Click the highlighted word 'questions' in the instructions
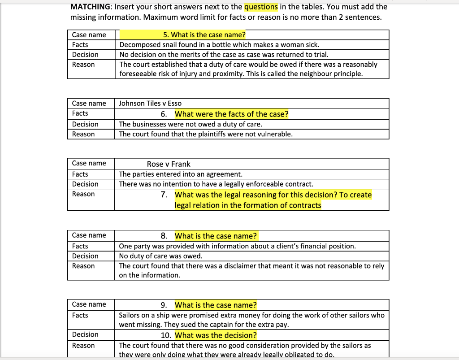[261, 7]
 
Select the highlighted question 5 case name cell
[204, 35]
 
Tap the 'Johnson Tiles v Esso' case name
[150, 104]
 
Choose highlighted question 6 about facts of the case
[231, 114]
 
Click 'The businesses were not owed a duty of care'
[191, 124]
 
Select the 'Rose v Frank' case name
[169, 164]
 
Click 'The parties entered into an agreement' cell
[181, 174]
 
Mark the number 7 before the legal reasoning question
[164, 195]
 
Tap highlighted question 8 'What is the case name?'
[216, 236]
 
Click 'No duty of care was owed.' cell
[160, 256]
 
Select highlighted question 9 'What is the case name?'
[216, 305]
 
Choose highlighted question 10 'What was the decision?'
[216, 335]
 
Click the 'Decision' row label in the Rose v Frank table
[85, 184]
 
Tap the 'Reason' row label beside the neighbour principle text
[83, 65]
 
